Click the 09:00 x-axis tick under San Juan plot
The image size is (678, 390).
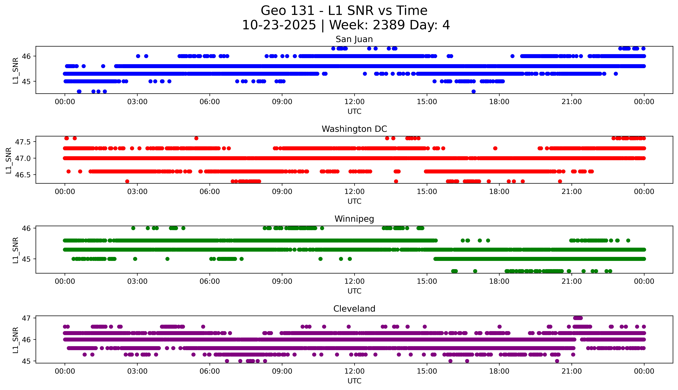(x=282, y=102)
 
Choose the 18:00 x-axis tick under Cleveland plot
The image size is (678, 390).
(x=499, y=371)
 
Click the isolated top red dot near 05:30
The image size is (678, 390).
(x=196, y=138)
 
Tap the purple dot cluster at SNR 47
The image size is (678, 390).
(x=578, y=318)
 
